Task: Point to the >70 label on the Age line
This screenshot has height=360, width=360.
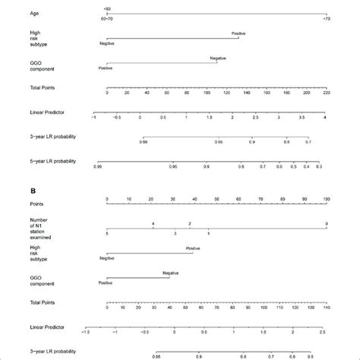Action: [x=327, y=17]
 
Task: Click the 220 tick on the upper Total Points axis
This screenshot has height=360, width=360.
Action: [x=326, y=98]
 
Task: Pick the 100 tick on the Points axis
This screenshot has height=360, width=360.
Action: [x=326, y=200]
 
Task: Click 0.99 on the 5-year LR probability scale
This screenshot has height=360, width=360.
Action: [x=97, y=166]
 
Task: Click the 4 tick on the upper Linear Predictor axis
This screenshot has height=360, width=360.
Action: [x=324, y=119]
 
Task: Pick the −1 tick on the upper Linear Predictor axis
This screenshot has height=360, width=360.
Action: [x=93, y=119]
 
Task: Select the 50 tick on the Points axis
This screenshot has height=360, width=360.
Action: [x=216, y=200]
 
